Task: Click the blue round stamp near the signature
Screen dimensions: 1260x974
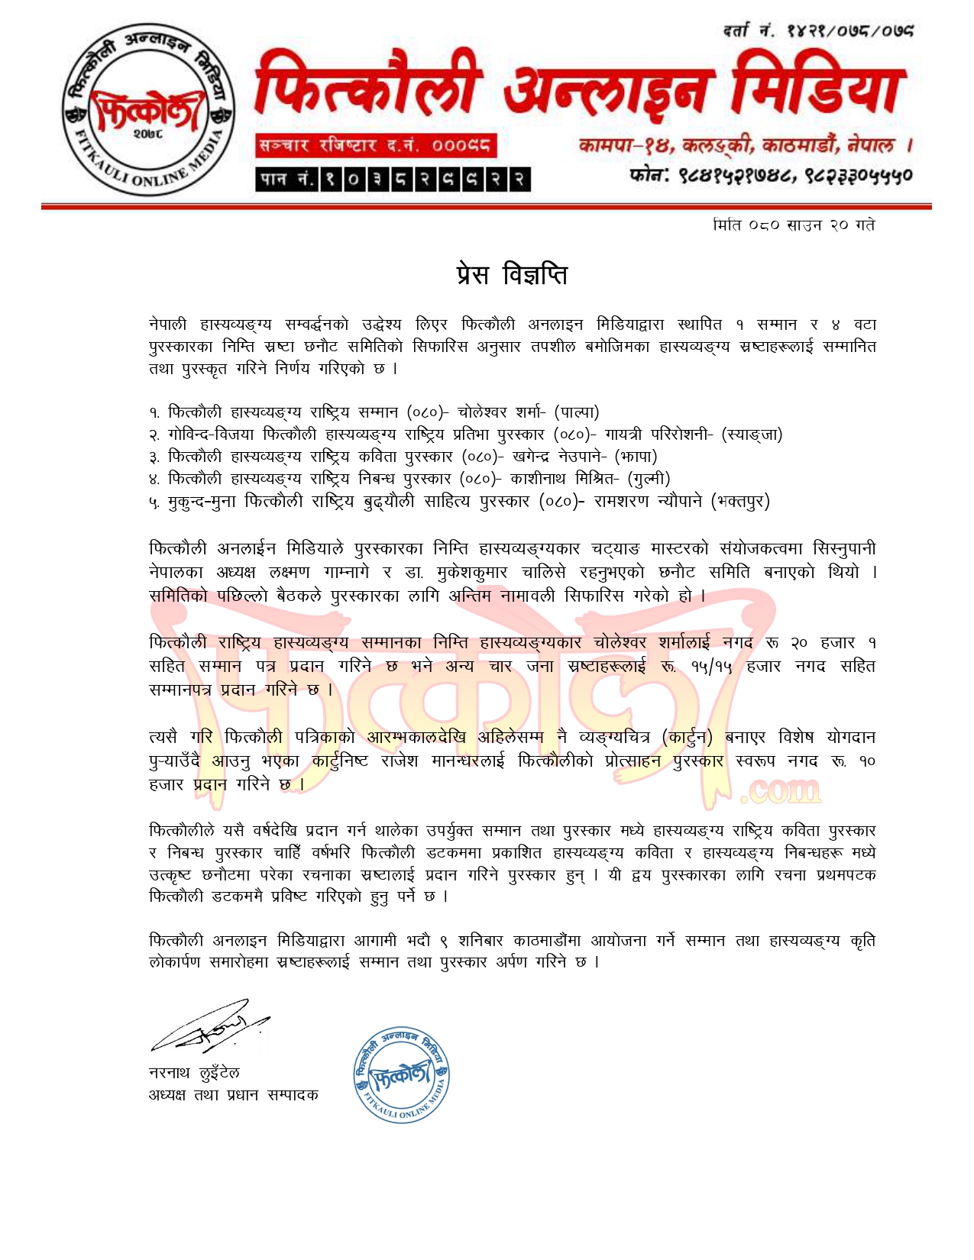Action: (402, 1074)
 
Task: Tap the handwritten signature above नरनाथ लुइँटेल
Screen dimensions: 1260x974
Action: (209, 1025)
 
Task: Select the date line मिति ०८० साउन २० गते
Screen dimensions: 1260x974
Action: (792, 225)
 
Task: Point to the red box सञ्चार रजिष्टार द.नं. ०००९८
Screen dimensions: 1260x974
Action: (374, 146)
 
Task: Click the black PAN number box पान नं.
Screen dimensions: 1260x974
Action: (393, 179)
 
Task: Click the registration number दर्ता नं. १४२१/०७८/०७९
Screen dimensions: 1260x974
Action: (818, 31)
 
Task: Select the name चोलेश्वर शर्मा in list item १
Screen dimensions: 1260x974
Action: (503, 412)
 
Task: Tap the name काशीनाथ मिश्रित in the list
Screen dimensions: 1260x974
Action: (568, 479)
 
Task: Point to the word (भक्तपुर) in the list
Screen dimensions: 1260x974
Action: (740, 502)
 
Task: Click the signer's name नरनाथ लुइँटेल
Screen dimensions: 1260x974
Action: (194, 1073)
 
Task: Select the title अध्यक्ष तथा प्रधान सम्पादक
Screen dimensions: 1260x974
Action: (233, 1095)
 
